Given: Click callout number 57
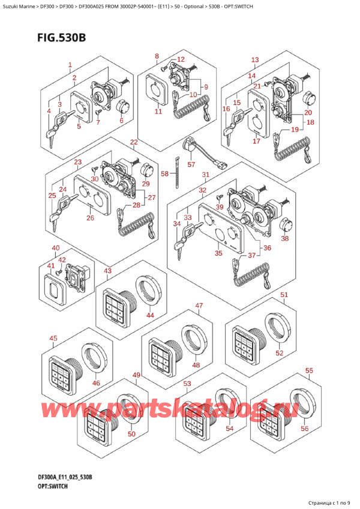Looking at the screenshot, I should tap(191, 164).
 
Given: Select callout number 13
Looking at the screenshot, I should tap(255, 60).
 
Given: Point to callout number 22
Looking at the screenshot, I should tap(133, 142).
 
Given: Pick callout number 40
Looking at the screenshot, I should tap(55, 248).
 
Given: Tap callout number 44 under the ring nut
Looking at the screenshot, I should tap(151, 315).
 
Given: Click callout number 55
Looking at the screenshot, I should tap(309, 371).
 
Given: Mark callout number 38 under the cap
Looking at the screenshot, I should tap(285, 238).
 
